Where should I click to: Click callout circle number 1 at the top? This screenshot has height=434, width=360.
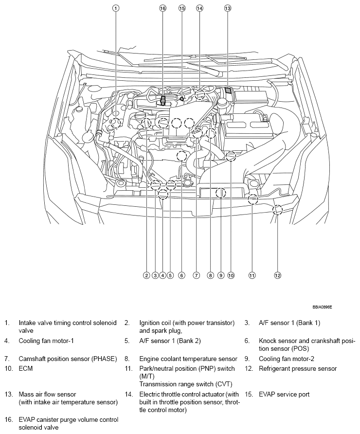pos(116,8)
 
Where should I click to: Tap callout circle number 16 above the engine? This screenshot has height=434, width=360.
pos(162,8)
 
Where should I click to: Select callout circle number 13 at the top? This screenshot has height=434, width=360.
pos(228,8)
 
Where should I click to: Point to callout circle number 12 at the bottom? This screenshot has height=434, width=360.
pos(277,275)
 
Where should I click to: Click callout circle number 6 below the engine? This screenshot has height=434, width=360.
pos(181,275)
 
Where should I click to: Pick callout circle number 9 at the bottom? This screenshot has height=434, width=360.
pos(220,275)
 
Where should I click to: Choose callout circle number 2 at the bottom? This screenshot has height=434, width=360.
pos(146,275)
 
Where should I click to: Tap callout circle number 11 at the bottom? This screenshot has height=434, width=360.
pos(252,275)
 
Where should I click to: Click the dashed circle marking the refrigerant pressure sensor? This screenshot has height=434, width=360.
pos(277,210)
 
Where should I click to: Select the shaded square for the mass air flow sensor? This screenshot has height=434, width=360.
pos(228,90)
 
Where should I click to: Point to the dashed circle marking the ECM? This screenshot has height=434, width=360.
pos(231,156)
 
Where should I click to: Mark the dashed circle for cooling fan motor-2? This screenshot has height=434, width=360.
pos(220,193)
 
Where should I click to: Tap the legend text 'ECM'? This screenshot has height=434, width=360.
pos(26,368)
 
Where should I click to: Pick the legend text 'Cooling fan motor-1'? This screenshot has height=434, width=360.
pos(46,341)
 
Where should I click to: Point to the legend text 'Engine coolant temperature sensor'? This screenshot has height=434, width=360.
pos(188,359)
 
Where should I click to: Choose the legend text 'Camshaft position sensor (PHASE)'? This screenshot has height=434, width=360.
pos(68,359)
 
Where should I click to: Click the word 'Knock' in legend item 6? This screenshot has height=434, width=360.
pos(268,341)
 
